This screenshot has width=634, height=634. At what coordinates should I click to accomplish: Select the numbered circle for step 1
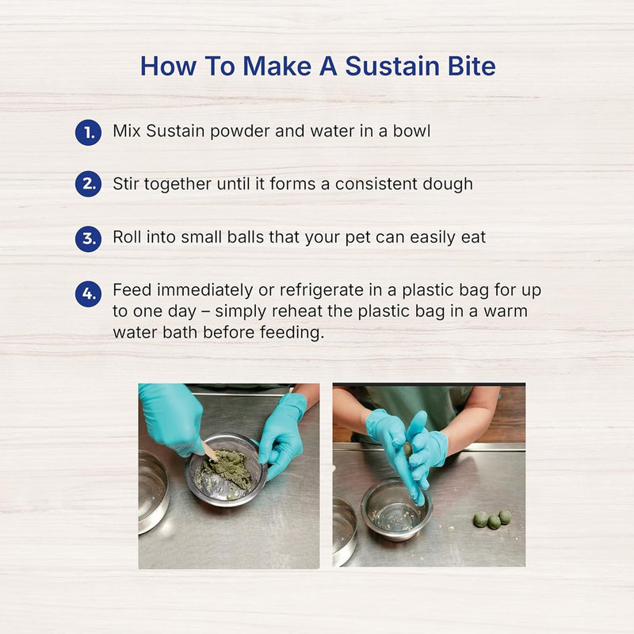(x=88, y=132)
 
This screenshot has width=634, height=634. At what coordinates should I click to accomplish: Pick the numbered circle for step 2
(x=88, y=185)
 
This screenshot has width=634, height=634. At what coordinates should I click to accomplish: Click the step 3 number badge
(x=88, y=239)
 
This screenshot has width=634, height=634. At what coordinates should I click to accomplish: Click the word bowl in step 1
(x=411, y=131)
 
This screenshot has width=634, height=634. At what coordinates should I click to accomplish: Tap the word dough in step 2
(x=447, y=184)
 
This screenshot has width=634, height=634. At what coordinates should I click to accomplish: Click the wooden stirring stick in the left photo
(x=209, y=453)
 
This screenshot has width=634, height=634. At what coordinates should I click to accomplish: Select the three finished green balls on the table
(x=492, y=519)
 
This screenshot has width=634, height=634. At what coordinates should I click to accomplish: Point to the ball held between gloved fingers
(x=407, y=449)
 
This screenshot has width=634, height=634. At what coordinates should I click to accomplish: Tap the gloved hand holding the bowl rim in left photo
(x=281, y=433)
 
